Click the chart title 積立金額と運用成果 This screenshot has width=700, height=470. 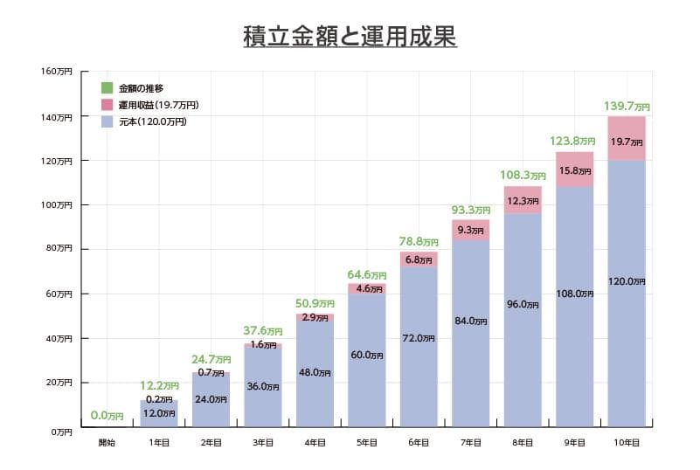click(x=350, y=38)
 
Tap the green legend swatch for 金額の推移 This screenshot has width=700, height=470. click(x=107, y=87)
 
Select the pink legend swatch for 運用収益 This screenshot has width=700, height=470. click(x=107, y=105)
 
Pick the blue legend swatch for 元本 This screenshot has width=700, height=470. click(x=107, y=122)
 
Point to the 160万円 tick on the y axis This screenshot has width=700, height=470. click(x=57, y=71)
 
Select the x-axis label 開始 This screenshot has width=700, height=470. click(x=107, y=444)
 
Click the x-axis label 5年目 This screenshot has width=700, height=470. click(x=366, y=444)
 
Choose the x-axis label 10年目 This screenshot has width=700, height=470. click(x=626, y=444)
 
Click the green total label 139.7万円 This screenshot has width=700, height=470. click(x=627, y=107)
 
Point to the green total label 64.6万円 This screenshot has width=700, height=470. click(x=367, y=275)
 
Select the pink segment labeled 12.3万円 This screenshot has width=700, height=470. click(x=523, y=201)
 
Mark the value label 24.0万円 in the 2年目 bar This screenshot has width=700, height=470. click(x=211, y=399)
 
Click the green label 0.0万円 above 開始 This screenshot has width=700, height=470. click(x=107, y=416)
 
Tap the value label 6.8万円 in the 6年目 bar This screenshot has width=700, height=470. click(x=419, y=259)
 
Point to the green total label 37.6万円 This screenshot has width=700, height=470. click(x=262, y=331)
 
